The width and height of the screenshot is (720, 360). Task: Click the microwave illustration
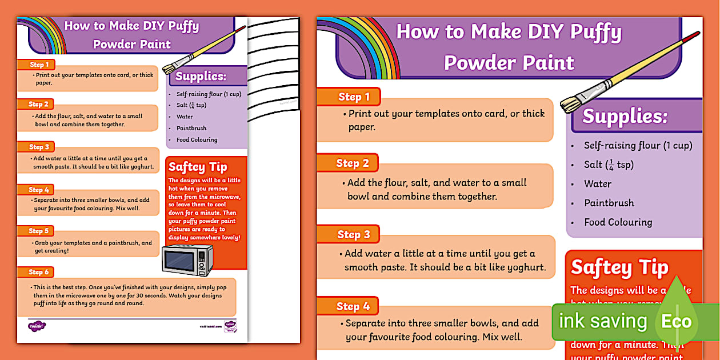point(187,260)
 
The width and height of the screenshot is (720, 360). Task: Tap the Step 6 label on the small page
point(39,272)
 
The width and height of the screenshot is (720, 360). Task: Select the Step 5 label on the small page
point(39,231)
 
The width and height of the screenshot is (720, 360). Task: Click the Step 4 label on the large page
point(353,306)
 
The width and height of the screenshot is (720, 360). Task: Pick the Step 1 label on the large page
point(354,97)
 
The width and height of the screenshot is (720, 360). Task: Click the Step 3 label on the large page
point(353,234)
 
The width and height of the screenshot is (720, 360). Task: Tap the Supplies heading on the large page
point(625,117)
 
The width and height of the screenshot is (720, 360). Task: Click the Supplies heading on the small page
point(201,77)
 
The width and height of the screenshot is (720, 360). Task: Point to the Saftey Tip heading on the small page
point(198,167)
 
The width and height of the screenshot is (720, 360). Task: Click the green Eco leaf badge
point(677,321)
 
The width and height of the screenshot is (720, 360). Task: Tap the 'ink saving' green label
point(602,322)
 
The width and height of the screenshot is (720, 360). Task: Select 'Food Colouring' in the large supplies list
point(618,222)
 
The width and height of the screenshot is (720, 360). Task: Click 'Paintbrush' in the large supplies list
point(609,203)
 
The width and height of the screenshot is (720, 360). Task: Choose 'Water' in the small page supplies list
point(185,117)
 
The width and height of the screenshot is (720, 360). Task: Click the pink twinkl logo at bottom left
point(37,326)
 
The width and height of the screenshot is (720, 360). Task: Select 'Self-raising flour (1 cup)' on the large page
point(638,145)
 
